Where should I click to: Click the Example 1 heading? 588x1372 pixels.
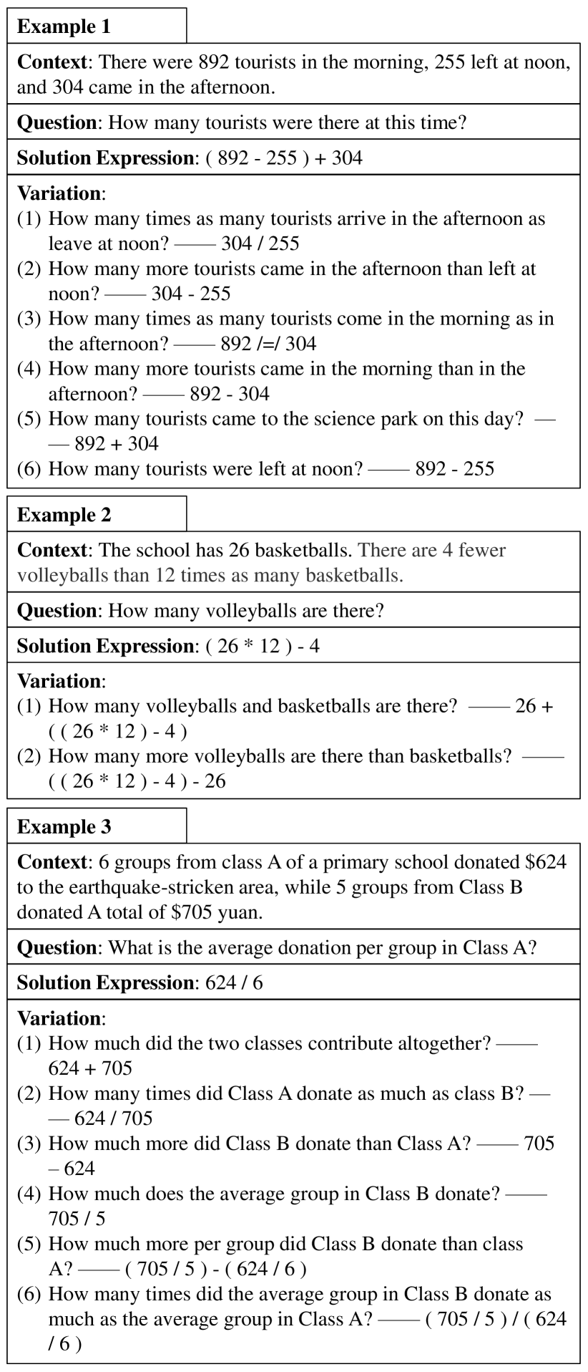pyautogui.click(x=64, y=26)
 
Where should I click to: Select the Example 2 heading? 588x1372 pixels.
pyautogui.click(x=64, y=515)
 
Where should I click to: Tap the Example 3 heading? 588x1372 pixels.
pyautogui.click(x=64, y=827)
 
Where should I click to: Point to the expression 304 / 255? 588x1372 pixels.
pyautogui.click(x=260, y=243)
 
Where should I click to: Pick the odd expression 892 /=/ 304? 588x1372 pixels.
pyautogui.click(x=268, y=344)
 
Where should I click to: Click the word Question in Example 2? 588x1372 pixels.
pyautogui.click(x=57, y=611)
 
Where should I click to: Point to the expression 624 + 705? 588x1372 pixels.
pyautogui.click(x=90, y=1068)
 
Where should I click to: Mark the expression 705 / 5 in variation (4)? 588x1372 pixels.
pyautogui.click(x=77, y=1219)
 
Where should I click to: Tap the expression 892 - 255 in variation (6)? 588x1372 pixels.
pyautogui.click(x=454, y=469)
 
